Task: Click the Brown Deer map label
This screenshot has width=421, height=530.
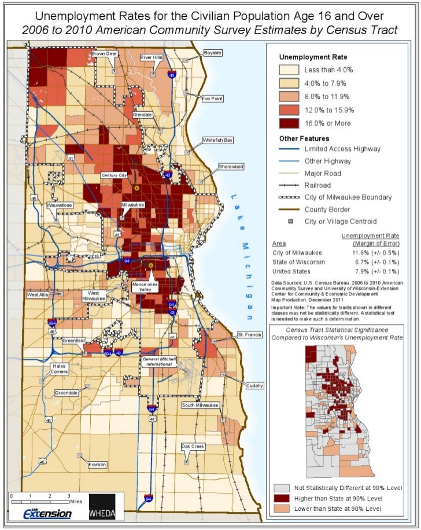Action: pos(104,53)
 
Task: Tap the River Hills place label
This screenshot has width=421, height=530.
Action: pos(152,57)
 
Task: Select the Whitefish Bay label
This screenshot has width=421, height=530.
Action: pos(218,140)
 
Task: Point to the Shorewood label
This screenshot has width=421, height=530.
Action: pos(231,167)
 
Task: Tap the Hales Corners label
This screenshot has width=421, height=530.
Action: pos(60,370)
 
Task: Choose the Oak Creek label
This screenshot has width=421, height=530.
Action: pos(193,447)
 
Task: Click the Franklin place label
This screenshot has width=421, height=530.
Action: pos(97,465)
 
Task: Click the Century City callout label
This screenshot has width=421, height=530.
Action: pos(114,175)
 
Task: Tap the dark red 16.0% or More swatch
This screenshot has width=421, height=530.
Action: pos(289,123)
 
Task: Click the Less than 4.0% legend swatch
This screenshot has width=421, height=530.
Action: pos(289,70)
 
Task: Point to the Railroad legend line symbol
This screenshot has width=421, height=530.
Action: pos(289,185)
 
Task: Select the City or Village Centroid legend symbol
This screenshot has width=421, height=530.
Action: pos(289,221)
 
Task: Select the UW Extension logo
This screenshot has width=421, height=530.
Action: pos(47,513)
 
